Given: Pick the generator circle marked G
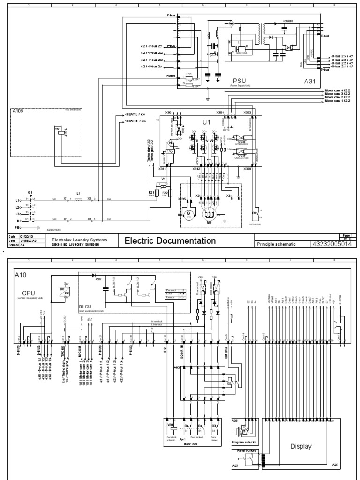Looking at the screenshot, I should click(x=189, y=214).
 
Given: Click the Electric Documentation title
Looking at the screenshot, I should click(x=170, y=241).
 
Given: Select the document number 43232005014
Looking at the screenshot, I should click(x=331, y=244).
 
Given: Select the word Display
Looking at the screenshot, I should click(x=300, y=446).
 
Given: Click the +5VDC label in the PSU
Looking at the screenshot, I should click(x=290, y=22).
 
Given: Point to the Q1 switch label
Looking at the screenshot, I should click(x=30, y=193).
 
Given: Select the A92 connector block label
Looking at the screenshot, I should click(x=177, y=368).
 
